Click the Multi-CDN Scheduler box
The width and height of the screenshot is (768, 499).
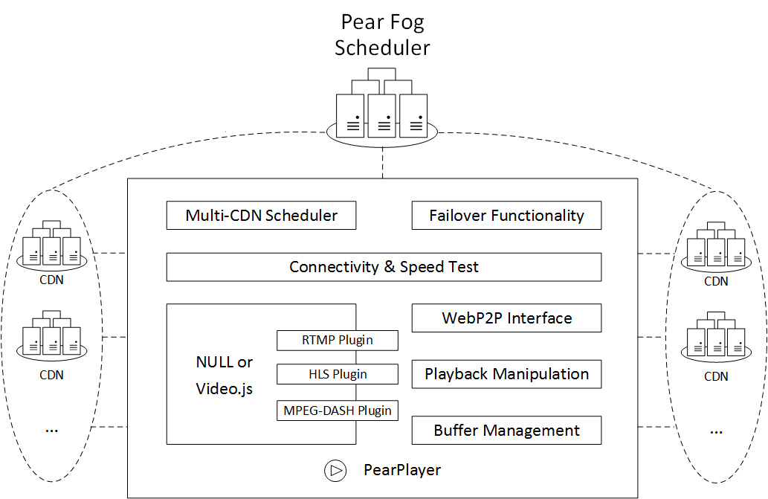[261, 216]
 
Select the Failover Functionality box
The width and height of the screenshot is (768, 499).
[506, 216]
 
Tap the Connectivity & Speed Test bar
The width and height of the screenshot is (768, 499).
[384, 267]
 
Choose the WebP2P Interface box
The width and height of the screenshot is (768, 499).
[506, 318]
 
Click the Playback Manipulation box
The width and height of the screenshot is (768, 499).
[506, 374]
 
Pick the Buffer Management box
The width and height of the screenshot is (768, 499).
[506, 430]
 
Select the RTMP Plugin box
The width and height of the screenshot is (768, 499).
[338, 341]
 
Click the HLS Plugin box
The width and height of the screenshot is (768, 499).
[338, 374]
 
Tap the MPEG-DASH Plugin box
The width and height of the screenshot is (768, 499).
[338, 410]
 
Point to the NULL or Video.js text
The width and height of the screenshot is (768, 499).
[224, 376]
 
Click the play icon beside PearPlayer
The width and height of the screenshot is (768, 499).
[335, 470]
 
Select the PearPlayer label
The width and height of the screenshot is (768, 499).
[401, 470]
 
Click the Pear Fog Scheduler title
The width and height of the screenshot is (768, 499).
[382, 35]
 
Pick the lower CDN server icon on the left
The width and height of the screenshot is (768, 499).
[51, 339]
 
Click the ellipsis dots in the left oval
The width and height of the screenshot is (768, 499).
[51, 430]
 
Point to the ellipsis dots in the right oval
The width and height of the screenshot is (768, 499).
[716, 431]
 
